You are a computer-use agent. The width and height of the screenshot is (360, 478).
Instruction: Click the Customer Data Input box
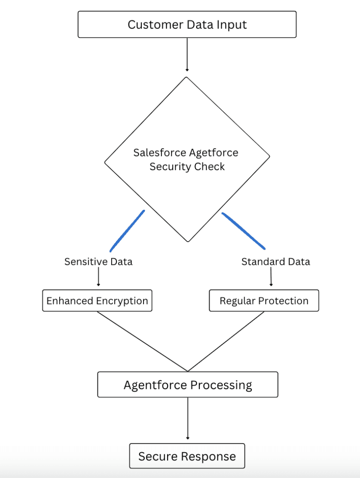(187, 25)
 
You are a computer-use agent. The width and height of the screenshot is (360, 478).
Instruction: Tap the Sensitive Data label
(98, 261)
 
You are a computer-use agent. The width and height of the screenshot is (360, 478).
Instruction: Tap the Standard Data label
(275, 261)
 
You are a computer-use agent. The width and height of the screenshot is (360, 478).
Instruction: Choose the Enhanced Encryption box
(97, 300)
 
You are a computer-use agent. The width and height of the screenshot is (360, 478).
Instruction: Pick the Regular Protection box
(264, 300)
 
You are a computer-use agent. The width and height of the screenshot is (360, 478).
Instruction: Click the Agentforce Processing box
(188, 384)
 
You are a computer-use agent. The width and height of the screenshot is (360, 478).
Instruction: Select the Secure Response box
(187, 456)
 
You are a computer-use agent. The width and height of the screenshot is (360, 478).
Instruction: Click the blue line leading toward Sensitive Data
(127, 231)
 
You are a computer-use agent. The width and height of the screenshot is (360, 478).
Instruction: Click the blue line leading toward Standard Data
(243, 231)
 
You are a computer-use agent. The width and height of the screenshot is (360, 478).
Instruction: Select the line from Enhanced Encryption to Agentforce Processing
(142, 341)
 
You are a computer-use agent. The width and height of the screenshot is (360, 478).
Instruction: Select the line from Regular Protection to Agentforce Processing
(226, 341)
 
